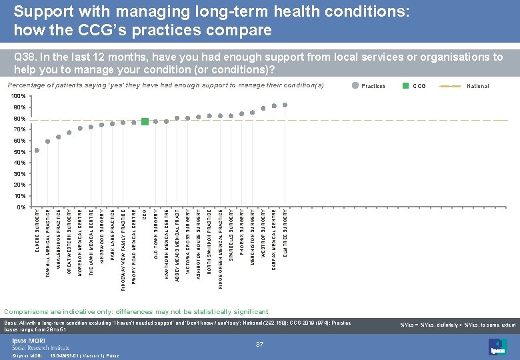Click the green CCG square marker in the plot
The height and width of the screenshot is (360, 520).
click(145, 121)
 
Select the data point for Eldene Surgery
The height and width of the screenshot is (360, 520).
click(37, 150)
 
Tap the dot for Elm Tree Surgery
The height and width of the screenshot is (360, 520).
click(285, 105)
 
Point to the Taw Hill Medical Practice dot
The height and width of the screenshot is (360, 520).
click(47, 141)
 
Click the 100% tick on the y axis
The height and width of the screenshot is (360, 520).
click(19, 97)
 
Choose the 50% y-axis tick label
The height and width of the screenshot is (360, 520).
click(20, 152)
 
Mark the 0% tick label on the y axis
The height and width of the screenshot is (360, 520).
click(22, 207)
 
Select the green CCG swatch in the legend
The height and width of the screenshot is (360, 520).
click(404, 86)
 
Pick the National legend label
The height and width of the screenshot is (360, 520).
click(477, 86)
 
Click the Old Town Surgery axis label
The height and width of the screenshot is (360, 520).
click(155, 233)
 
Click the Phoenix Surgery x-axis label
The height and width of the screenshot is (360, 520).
click(241, 231)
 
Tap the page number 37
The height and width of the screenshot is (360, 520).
click(261, 344)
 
